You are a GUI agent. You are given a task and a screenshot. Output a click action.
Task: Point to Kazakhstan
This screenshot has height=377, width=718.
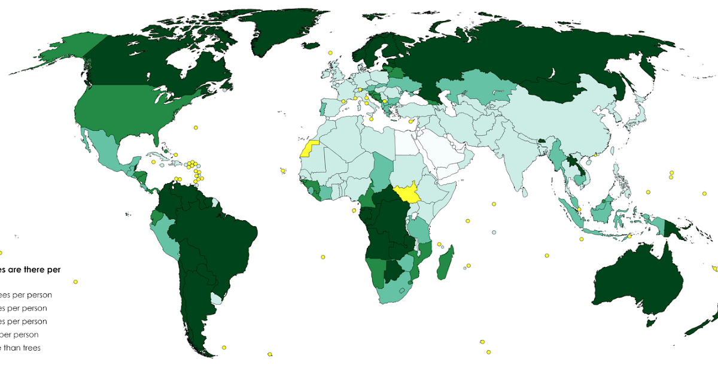479,90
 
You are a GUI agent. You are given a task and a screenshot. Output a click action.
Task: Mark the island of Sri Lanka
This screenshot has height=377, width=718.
524,193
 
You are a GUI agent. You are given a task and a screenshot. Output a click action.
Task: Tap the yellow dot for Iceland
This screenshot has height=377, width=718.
330,53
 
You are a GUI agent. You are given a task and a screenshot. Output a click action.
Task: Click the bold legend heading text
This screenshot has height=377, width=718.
30,270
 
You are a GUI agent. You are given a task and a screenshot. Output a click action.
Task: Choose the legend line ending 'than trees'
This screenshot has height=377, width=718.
20,348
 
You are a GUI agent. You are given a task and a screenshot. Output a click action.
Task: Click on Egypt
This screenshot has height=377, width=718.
406,144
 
